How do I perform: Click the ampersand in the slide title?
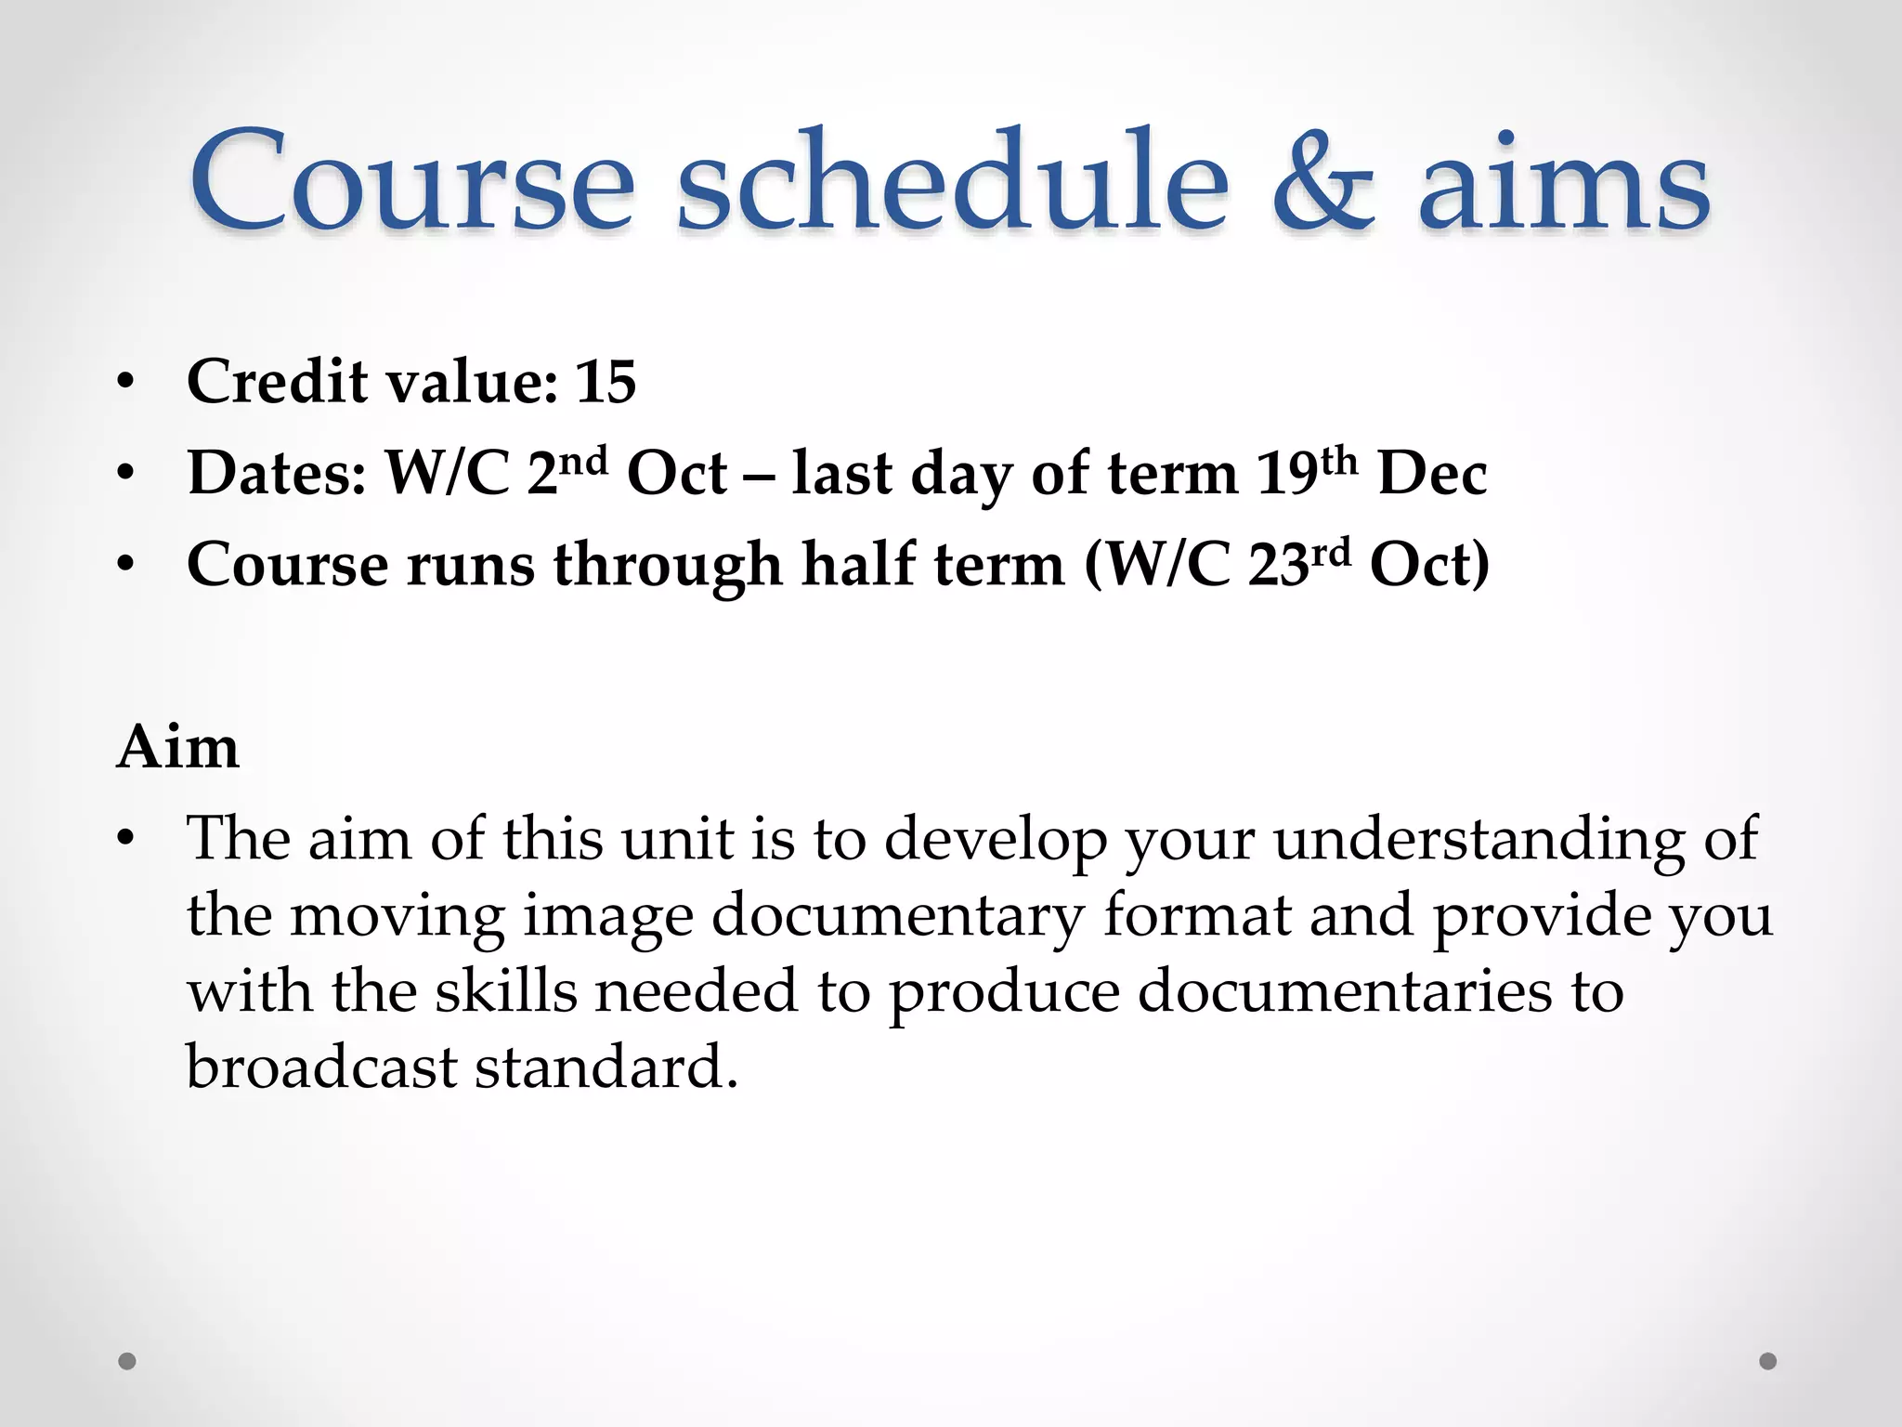coord(1322,181)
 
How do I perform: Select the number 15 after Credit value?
coord(606,382)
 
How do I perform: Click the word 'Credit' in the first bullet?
coord(277,382)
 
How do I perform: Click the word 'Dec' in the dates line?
coord(1432,474)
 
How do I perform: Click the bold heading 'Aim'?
coord(178,747)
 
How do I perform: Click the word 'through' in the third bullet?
coord(668,565)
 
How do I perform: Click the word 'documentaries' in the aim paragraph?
coord(1344,990)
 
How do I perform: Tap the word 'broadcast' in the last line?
coord(320,1067)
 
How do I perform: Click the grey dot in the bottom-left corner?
coord(127,1361)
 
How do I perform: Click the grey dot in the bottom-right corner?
coord(1768,1361)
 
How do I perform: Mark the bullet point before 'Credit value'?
coord(126,383)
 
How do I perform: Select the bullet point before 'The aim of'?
coord(126,839)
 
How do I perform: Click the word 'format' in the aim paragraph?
coord(1197,914)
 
